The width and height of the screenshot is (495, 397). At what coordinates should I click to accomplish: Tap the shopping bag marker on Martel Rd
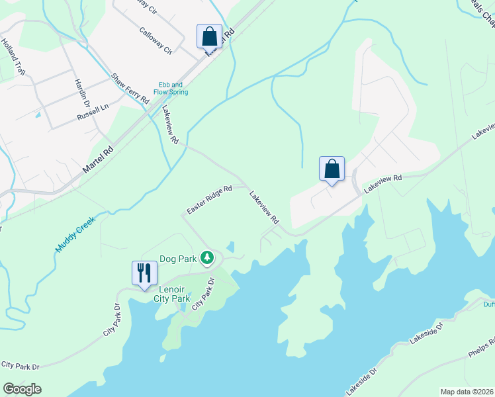coord(209,36)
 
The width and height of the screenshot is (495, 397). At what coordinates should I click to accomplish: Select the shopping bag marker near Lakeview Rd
coord(332,169)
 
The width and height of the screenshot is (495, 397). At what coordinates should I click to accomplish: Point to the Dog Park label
coord(179,259)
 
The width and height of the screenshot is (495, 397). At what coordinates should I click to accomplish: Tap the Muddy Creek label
coord(76,234)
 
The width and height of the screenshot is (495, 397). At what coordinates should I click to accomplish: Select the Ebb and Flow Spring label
coord(173,88)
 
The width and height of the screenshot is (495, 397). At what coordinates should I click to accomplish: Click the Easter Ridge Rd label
coord(209,198)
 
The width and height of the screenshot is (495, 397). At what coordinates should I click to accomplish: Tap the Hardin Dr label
coord(81,92)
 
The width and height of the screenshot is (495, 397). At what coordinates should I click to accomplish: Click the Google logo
coord(22,389)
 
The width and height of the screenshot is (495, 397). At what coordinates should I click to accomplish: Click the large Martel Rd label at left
coord(97,160)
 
